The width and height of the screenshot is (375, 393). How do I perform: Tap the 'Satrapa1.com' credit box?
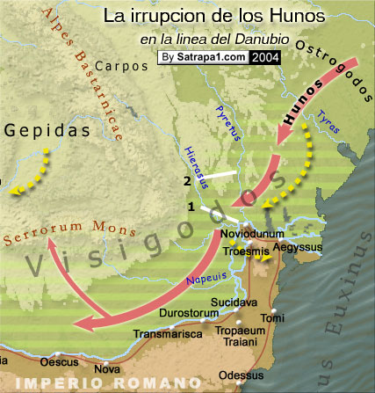203,58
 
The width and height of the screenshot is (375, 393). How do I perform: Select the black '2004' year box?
266,58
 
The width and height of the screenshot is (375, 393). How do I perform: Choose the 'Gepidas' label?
47,130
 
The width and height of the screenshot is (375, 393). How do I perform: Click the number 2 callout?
187,181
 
